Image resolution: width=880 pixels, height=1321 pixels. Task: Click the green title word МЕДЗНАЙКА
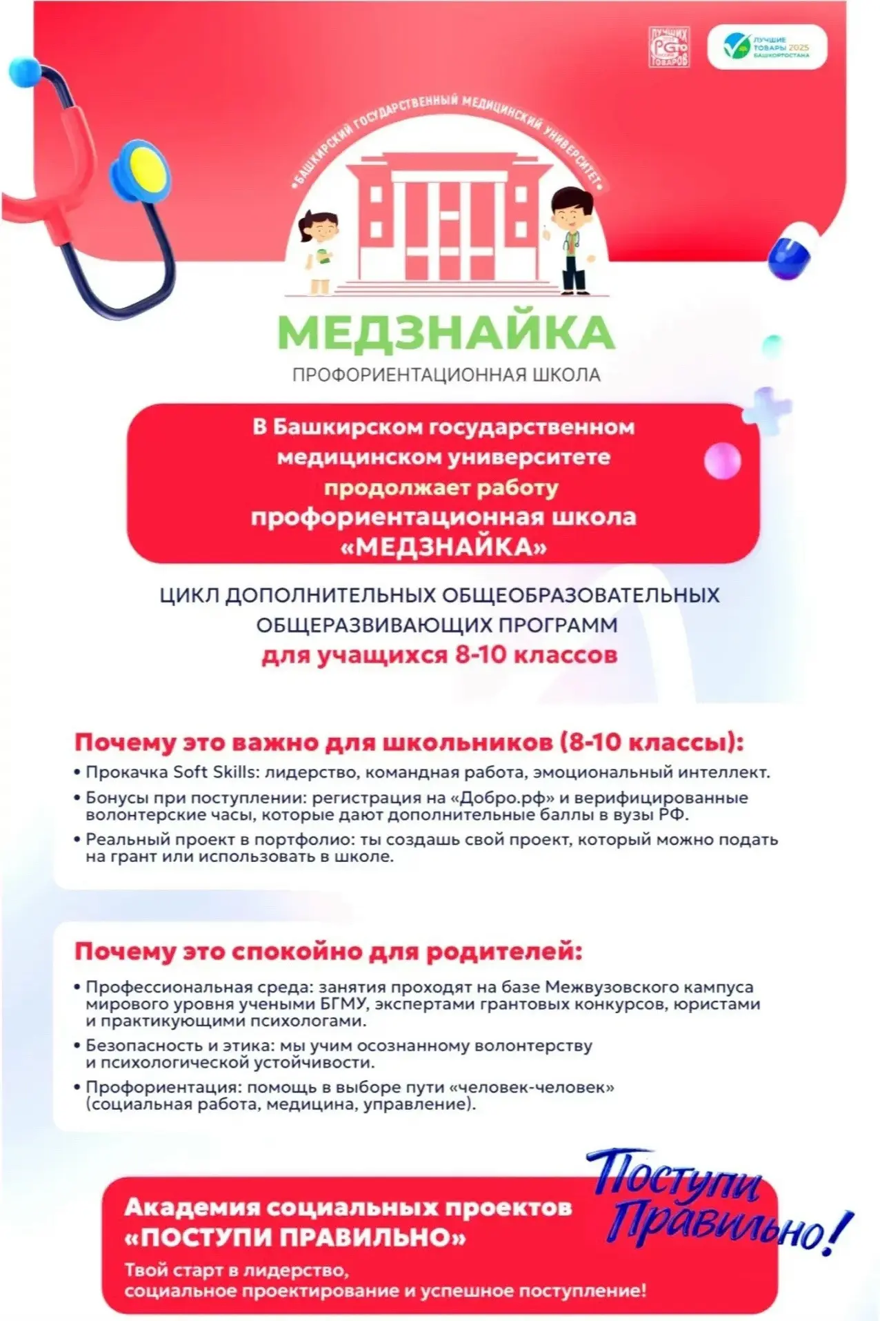[446, 333]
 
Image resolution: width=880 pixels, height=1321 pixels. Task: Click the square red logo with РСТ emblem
[668, 48]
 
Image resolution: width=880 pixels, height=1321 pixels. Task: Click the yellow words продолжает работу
[441, 487]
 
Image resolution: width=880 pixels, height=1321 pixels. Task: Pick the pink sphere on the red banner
[721, 460]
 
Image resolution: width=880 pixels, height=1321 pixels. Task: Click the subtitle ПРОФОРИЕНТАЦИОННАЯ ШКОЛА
[446, 375]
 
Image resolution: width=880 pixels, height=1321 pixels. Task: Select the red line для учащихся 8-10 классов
[439, 654]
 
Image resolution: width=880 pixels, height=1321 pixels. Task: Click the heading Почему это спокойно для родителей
[328, 951]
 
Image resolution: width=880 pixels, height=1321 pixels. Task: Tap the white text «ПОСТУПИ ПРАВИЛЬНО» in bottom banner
[295, 1237]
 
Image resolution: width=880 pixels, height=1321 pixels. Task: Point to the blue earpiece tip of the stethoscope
[26, 71]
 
